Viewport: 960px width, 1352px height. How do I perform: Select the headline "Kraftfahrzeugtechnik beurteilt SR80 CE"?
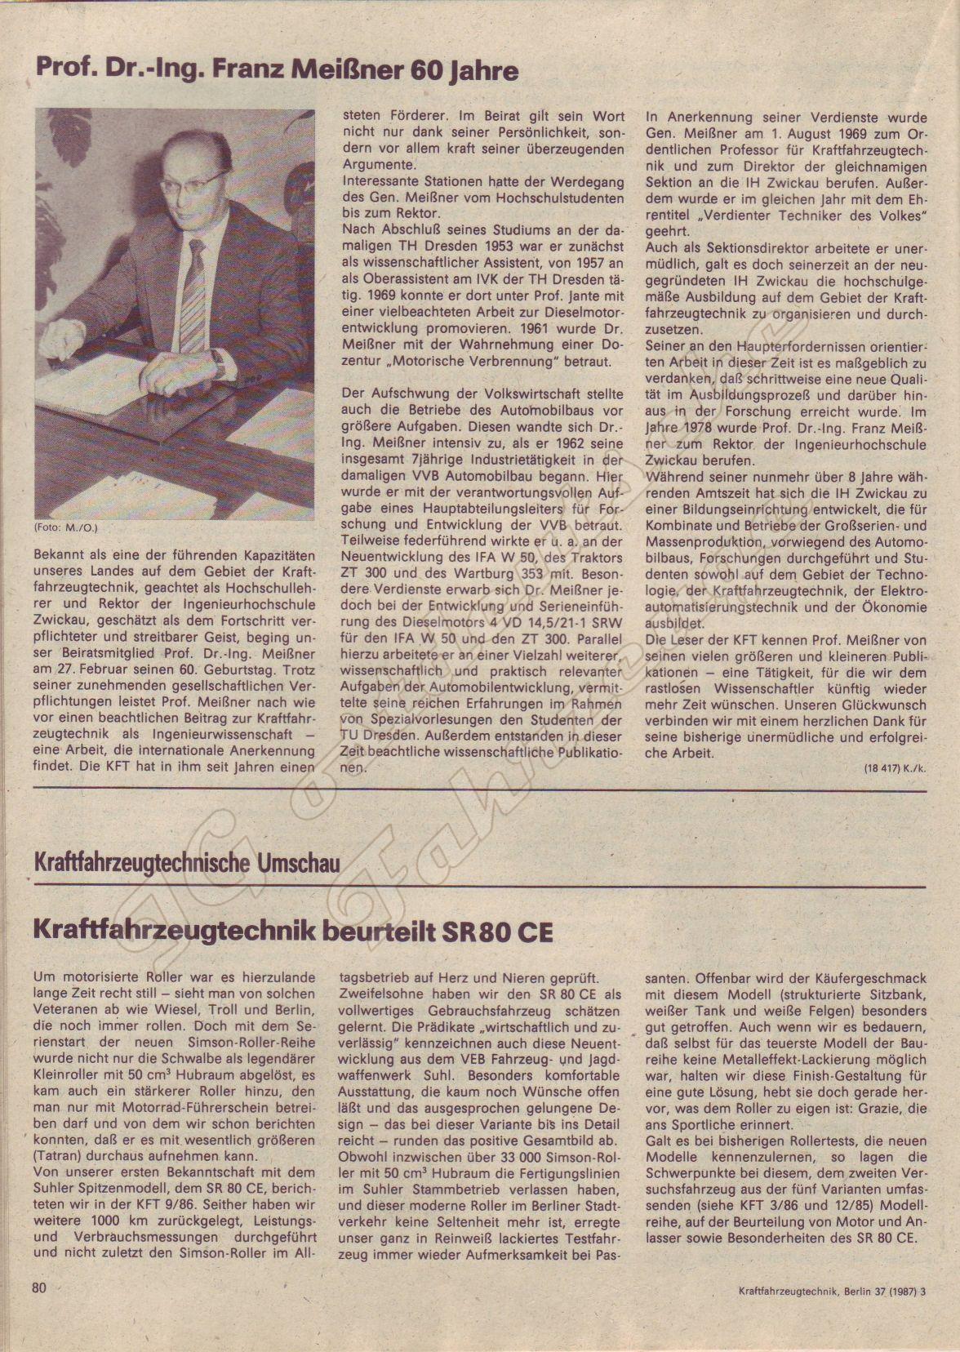(x=293, y=932)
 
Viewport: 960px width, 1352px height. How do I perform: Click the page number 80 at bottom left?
(x=39, y=1311)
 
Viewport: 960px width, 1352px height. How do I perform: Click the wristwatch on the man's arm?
(x=218, y=367)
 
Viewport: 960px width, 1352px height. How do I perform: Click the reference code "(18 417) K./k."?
(x=896, y=769)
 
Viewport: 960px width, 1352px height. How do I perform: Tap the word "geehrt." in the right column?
(x=668, y=231)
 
